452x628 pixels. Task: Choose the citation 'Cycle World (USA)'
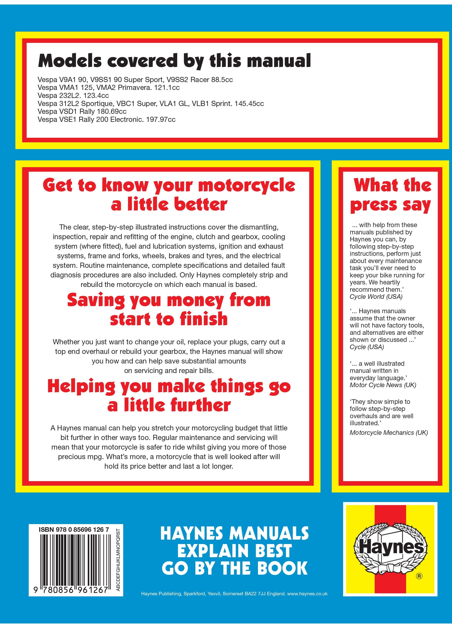pos(376,296)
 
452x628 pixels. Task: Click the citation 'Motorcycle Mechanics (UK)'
pos(389,433)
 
